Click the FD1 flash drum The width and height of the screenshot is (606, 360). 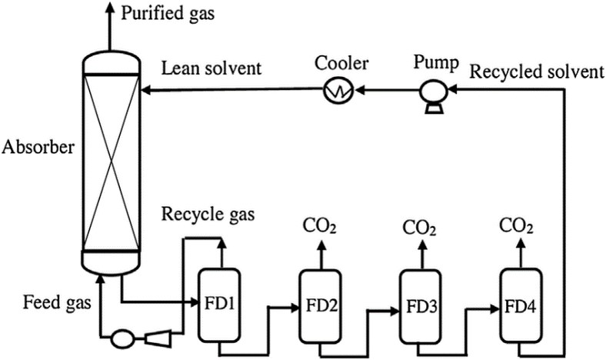pyautogui.click(x=221, y=304)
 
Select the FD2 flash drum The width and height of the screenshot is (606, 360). pyautogui.click(x=319, y=305)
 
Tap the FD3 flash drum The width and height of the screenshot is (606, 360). pyautogui.click(x=419, y=305)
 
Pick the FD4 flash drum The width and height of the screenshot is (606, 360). pyautogui.click(x=518, y=305)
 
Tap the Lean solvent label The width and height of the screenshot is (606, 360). pyautogui.click(x=211, y=68)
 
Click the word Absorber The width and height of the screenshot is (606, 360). pyautogui.click(x=38, y=146)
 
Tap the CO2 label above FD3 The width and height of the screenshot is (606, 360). pyautogui.click(x=420, y=228)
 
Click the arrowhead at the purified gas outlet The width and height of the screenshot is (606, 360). pyautogui.click(x=112, y=8)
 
